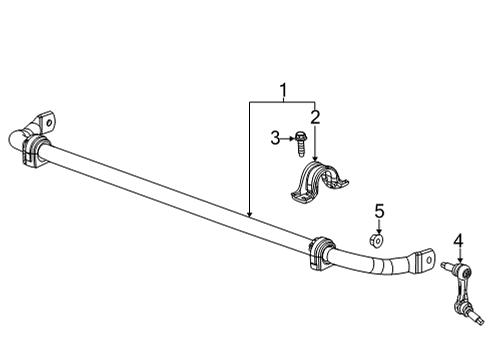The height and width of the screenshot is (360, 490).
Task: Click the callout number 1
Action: click(x=284, y=93)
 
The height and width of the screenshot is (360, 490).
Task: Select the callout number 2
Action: click(x=315, y=118)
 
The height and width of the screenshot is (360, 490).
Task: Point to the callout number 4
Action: click(x=459, y=239)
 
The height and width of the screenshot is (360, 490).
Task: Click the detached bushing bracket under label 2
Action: click(x=317, y=185)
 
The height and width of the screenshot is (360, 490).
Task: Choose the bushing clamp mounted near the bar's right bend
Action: click(x=321, y=250)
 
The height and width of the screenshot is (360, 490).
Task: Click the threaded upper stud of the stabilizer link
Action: click(x=446, y=266)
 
